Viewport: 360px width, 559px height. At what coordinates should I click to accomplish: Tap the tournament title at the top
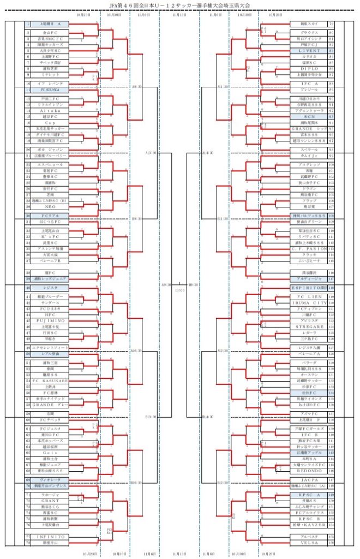179,4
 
